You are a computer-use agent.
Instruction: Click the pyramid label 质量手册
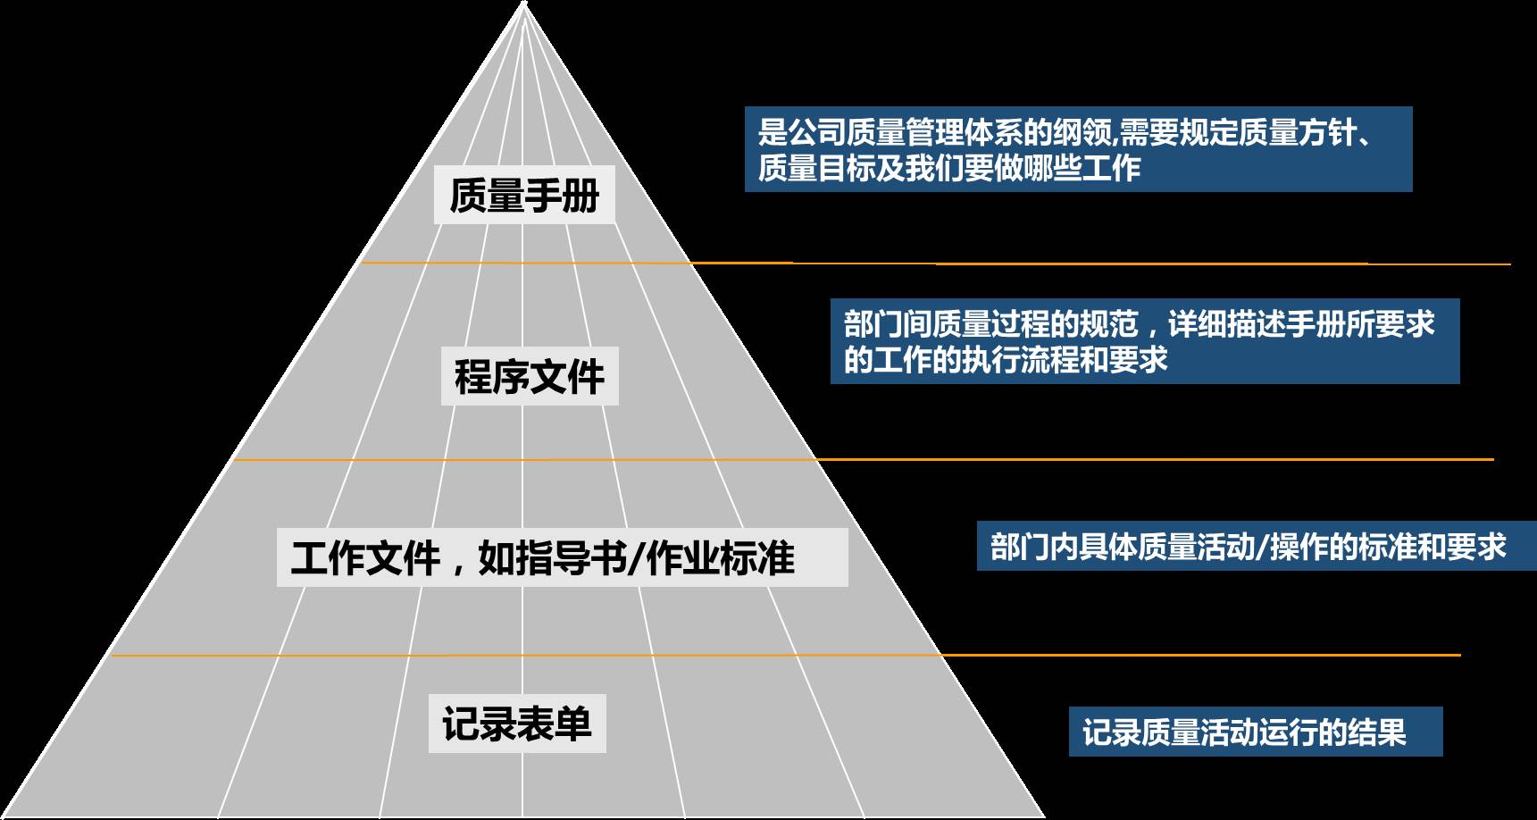point(524,195)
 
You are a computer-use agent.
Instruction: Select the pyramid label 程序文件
point(530,376)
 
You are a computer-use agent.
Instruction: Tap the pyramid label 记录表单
point(517,723)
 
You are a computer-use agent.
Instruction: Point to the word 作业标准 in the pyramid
point(720,558)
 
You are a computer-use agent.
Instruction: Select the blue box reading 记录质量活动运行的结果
point(1255,732)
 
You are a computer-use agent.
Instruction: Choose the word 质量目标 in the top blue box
point(817,168)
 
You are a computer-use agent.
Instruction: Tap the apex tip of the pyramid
point(524,4)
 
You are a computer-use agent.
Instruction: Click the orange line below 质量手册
point(893,264)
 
